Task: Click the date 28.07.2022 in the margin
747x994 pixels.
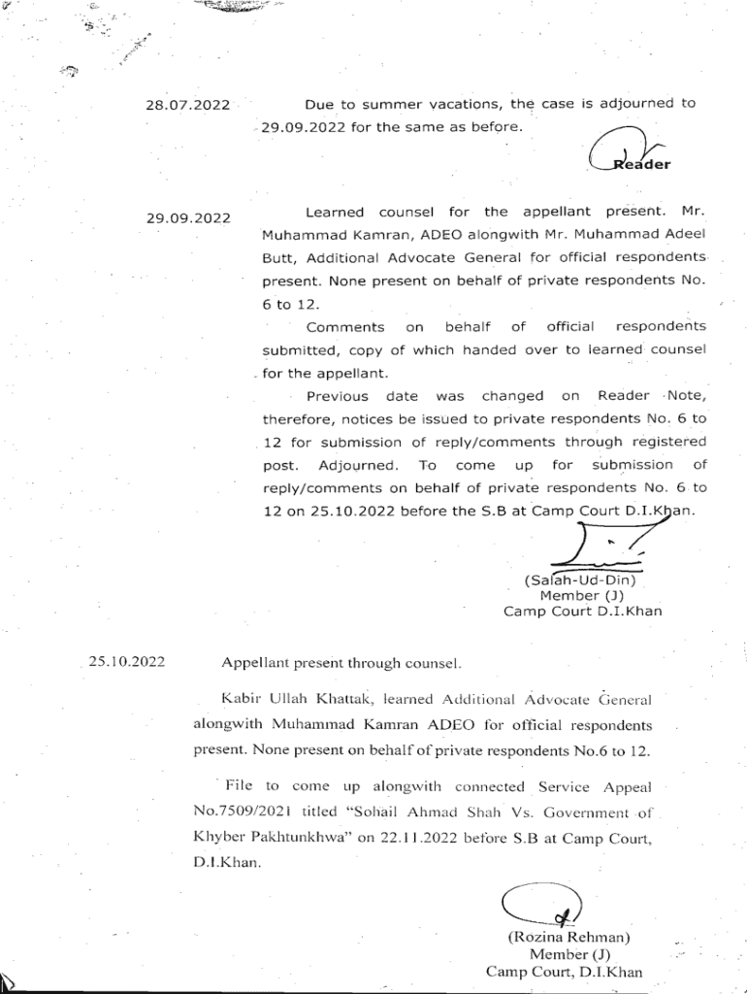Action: point(187,105)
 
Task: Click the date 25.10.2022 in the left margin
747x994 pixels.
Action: point(126,663)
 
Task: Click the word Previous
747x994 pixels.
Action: point(337,396)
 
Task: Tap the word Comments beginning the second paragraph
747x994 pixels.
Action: point(344,328)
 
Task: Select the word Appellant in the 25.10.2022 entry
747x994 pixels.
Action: point(254,664)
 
